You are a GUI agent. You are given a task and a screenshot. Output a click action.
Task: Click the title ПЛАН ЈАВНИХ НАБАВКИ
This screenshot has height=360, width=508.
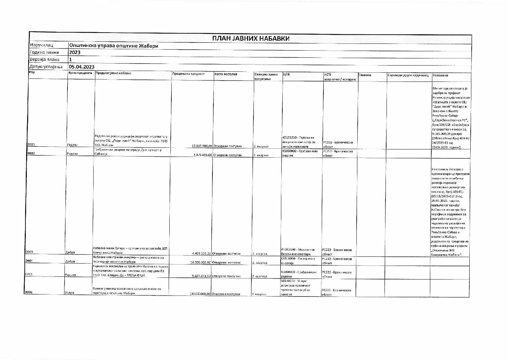(251, 38)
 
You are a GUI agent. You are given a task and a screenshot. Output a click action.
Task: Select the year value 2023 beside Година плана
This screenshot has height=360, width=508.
(74, 53)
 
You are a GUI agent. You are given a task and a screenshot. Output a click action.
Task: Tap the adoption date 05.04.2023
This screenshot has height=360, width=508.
(81, 67)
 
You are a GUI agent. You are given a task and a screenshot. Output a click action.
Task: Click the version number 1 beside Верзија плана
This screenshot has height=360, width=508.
(71, 60)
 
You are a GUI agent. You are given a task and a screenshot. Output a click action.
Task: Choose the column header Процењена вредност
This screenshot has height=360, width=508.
(188, 74)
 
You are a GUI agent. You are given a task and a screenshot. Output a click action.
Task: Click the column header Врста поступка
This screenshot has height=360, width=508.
(226, 74)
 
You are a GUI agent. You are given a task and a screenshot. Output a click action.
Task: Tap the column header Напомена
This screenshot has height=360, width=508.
(440, 75)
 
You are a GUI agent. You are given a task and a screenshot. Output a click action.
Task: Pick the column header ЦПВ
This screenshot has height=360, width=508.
(286, 74)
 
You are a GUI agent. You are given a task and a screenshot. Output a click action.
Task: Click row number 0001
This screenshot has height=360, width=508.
(31, 145)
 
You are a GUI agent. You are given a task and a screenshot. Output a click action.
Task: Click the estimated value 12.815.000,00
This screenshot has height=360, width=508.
(202, 146)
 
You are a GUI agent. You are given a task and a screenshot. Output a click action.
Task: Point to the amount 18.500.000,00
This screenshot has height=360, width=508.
(201, 294)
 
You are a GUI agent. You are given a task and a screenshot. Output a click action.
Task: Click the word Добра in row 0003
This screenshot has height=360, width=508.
(70, 253)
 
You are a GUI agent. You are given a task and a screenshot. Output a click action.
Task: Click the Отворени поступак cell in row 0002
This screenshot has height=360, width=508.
(227, 155)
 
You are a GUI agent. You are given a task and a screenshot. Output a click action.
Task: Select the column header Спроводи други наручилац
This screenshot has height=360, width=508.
(408, 75)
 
